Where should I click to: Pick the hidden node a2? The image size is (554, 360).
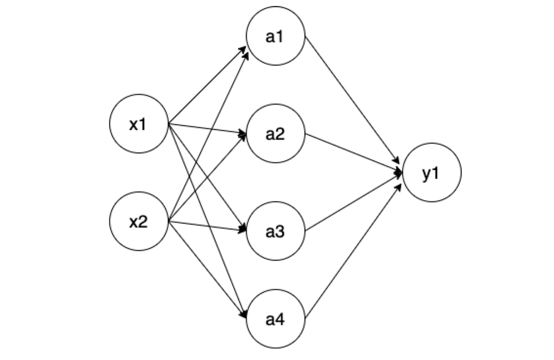275,134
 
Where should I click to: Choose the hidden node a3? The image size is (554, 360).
275,231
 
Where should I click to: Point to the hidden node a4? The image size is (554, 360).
275,319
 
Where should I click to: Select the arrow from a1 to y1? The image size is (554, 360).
353,100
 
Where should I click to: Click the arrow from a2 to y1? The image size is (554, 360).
353,153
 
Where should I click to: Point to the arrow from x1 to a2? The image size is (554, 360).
207,129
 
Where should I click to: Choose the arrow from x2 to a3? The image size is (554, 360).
207,226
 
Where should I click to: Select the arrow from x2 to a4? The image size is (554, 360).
207,269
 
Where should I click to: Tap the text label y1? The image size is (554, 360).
431,173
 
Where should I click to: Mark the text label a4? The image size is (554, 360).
275,319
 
